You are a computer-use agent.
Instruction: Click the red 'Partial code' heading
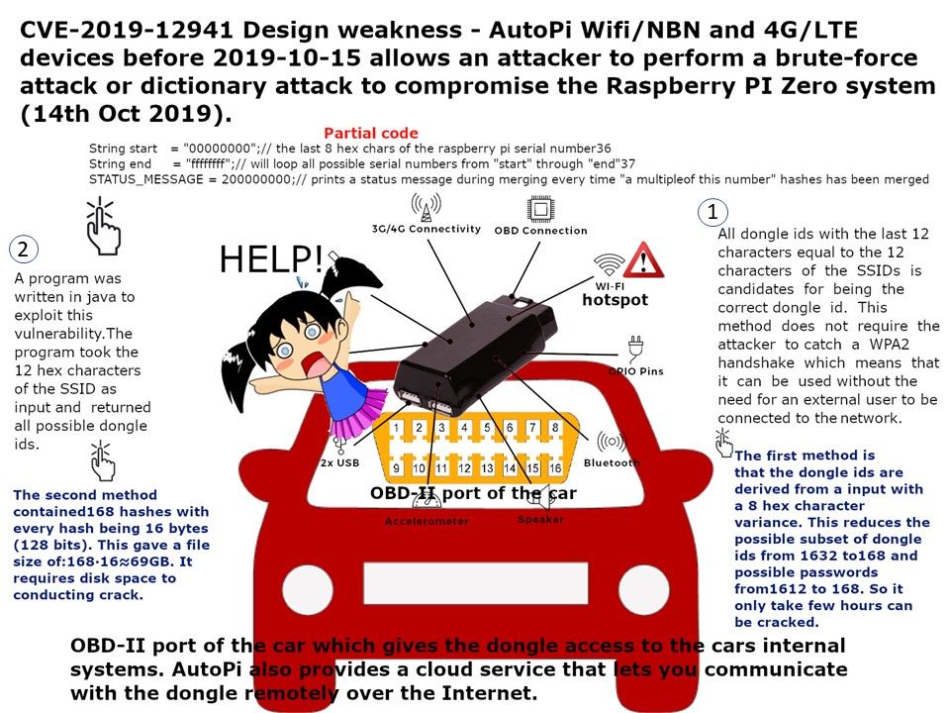(371, 134)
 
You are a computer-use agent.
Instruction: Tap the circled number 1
(712, 212)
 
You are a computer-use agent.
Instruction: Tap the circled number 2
(24, 250)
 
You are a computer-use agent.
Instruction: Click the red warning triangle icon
(643, 260)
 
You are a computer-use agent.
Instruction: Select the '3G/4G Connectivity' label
(426, 229)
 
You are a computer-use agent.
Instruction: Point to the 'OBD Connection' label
(540, 231)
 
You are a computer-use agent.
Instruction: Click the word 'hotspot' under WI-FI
(615, 299)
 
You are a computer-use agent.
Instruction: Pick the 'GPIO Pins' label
(636, 371)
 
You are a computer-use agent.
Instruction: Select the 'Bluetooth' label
(612, 462)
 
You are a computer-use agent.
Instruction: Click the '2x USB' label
(339, 462)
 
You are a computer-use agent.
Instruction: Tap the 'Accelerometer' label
(427, 521)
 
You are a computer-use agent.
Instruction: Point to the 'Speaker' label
(541, 519)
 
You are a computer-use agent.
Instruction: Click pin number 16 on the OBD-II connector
(555, 468)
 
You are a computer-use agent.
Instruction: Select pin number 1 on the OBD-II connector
(396, 428)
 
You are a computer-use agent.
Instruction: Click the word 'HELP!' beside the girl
(271, 258)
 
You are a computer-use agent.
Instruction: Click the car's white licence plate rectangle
(476, 582)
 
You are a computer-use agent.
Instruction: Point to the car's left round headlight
(308, 588)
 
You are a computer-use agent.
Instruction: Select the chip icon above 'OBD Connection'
(540, 209)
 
